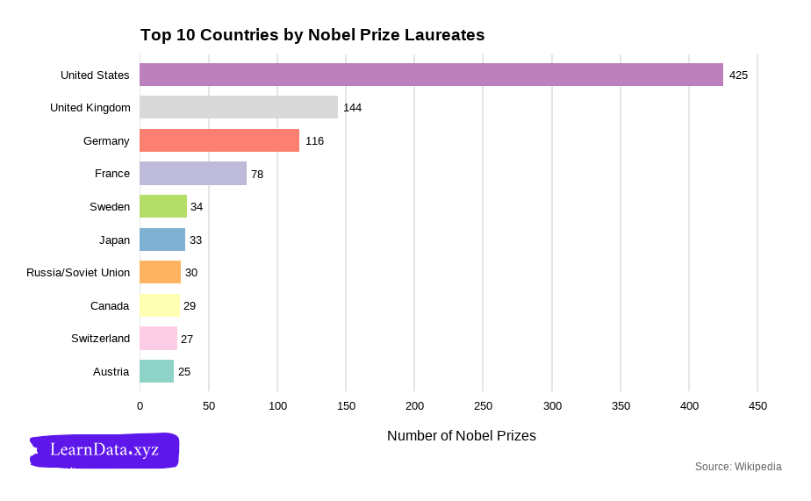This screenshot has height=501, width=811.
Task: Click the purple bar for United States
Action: [x=431, y=75]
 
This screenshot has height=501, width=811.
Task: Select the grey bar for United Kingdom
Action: [x=239, y=107]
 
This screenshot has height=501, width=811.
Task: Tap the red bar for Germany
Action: [x=219, y=140]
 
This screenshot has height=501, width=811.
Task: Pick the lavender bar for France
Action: [x=193, y=174]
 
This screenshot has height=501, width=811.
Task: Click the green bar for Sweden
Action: [x=163, y=206]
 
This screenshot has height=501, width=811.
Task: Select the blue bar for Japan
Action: [x=162, y=240]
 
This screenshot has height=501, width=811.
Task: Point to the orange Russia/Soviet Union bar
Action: [x=161, y=272]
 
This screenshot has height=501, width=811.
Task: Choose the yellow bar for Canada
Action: [x=160, y=305]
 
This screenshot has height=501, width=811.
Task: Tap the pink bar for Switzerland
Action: [x=159, y=339]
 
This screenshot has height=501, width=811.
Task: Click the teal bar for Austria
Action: [x=157, y=371]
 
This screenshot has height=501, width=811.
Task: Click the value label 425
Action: [x=738, y=75]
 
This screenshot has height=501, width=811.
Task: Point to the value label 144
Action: [x=352, y=108]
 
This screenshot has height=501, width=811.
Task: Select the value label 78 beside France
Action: [x=257, y=175]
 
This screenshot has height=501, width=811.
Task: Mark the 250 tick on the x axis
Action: [x=483, y=406]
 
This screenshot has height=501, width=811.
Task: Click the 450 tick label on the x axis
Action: [x=757, y=406]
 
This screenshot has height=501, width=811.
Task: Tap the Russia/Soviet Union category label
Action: [x=78, y=273]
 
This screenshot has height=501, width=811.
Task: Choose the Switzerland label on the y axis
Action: [x=100, y=339]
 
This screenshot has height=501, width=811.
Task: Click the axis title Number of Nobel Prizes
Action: [x=461, y=436]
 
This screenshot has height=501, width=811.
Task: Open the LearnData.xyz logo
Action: [x=104, y=450]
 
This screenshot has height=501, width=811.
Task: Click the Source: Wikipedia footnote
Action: [x=737, y=467]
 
